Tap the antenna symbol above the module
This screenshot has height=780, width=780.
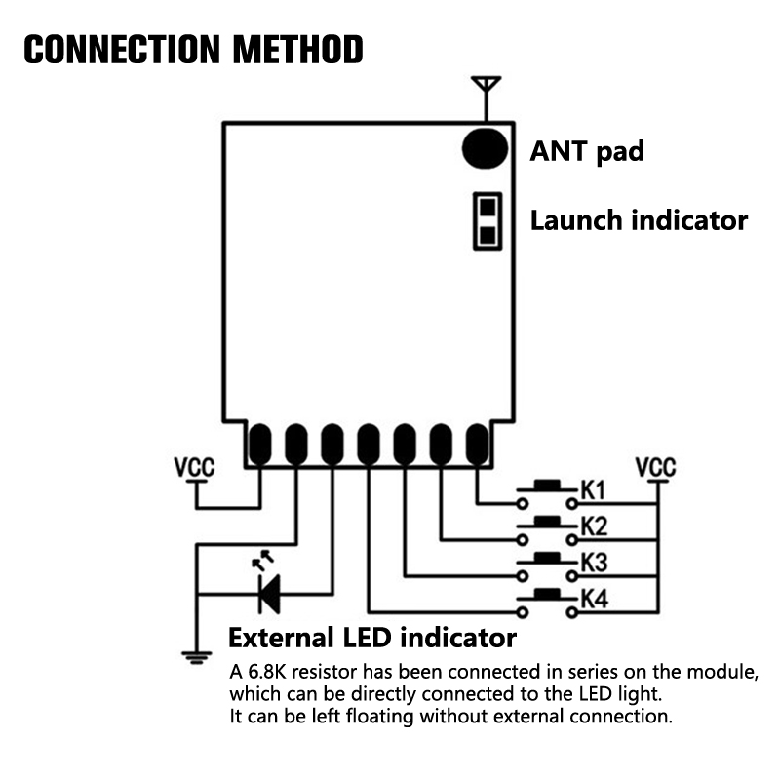pyautogui.click(x=485, y=90)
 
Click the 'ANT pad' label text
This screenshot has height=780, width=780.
pyautogui.click(x=587, y=151)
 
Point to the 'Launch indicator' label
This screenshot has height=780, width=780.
pyautogui.click(x=639, y=220)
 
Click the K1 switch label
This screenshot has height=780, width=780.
pyautogui.click(x=594, y=489)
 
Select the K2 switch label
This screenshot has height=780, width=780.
pyautogui.click(x=594, y=526)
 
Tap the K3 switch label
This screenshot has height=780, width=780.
pyautogui.click(x=594, y=563)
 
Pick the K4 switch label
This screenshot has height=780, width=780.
pyautogui.click(x=594, y=599)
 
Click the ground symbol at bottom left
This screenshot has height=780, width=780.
pyautogui.click(x=196, y=657)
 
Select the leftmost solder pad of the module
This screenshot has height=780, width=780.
pyautogui.click(x=259, y=444)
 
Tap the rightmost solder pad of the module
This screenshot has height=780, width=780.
pyautogui.click(x=476, y=444)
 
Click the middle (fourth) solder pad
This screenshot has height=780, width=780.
pyautogui.click(x=368, y=444)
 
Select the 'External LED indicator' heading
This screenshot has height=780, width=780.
pyautogui.click(x=371, y=639)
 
